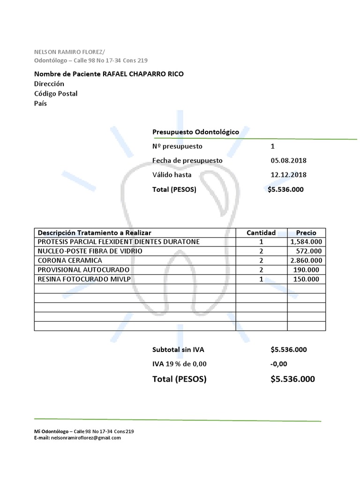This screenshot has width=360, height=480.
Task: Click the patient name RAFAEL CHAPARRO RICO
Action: [143, 74]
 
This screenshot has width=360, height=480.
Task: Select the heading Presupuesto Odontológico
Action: [195, 132]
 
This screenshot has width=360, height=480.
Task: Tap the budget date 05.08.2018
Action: [288, 160]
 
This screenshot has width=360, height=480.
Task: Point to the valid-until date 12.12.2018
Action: [288, 175]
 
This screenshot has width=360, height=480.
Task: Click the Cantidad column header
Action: [261, 232]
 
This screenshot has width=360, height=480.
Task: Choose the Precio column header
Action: [306, 232]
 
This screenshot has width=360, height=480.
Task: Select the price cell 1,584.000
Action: [306, 242]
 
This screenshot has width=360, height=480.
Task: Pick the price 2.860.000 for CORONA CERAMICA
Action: [306, 261]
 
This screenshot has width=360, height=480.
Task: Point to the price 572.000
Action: [308, 251]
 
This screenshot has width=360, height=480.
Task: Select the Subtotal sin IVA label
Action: [178, 350]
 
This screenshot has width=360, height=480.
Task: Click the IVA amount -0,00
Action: [278, 364]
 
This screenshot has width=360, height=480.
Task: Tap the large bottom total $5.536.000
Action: [292, 379]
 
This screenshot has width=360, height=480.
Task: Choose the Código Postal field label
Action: [56, 93]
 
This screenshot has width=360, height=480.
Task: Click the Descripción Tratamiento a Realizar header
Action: [94, 232]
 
